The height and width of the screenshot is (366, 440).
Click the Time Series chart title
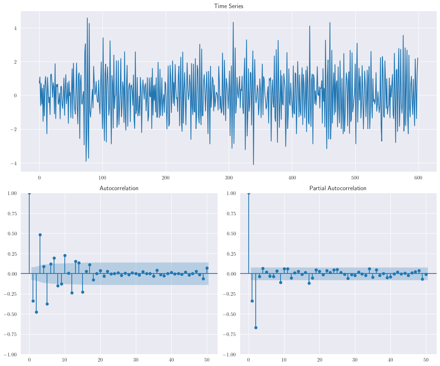click(228, 6)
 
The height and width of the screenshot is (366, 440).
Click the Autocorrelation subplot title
click(119, 188)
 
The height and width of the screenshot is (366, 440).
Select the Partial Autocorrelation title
click(337, 188)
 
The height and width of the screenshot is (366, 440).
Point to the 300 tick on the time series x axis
click(229, 177)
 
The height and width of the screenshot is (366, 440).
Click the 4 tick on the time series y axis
click(15, 28)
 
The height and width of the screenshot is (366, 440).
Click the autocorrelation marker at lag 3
click(40, 235)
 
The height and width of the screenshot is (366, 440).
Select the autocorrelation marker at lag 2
click(36, 312)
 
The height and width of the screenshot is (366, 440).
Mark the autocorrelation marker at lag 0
click(29, 193)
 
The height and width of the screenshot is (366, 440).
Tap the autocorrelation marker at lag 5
click(47, 304)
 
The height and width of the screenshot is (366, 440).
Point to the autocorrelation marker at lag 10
click(65, 255)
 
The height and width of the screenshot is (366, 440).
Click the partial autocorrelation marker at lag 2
click(256, 328)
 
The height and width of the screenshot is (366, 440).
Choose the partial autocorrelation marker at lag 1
click(252, 301)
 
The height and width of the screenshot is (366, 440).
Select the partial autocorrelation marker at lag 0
click(249, 193)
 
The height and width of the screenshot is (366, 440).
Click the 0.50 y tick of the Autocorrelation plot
click(10, 234)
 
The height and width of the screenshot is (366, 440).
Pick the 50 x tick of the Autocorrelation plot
click(207, 360)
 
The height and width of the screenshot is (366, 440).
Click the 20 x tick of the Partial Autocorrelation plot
click(319, 360)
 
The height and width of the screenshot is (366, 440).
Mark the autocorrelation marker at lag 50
click(207, 268)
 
